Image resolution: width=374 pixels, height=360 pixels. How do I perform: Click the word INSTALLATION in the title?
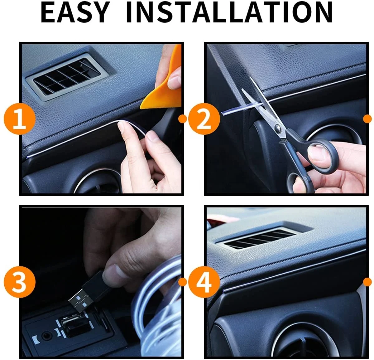click(229, 12)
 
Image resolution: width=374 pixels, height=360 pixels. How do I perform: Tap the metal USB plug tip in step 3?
click(79, 300)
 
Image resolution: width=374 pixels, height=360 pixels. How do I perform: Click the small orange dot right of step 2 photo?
click(368, 119)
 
